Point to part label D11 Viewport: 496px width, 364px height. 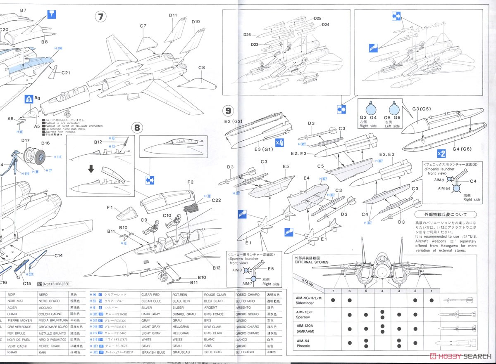pyautogui.click(x=173, y=15)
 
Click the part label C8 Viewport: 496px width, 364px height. pyautogui.click(x=201, y=67)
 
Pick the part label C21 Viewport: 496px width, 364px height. pyautogui.click(x=66, y=73)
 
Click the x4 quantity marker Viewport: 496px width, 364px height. pyautogui.click(x=279, y=143)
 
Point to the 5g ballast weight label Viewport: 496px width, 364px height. pyautogui.click(x=38, y=99)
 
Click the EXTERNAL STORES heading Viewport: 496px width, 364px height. pyautogui.click(x=311, y=262)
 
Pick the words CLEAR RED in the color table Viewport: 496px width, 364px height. pyautogui.click(x=150, y=295)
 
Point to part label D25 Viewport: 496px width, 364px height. pyautogui.click(x=317, y=19)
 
